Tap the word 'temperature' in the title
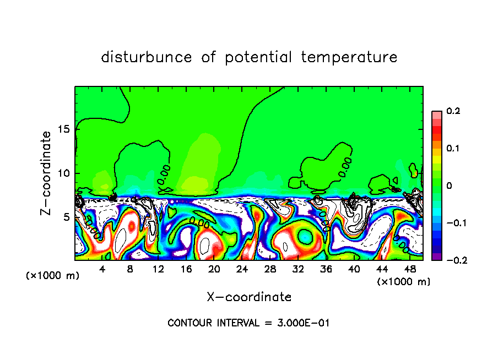pyautogui.click(x=349, y=57)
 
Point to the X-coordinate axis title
pyautogui.click(x=249, y=297)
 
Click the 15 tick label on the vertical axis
pyautogui.click(x=64, y=129)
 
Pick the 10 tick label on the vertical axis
pyautogui.click(x=64, y=173)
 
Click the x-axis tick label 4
pyautogui.click(x=102, y=269)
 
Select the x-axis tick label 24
pyautogui.click(x=242, y=269)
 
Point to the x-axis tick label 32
pyautogui.click(x=298, y=269)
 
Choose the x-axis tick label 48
pyautogui.click(x=410, y=269)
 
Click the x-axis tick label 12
pyautogui.click(x=158, y=269)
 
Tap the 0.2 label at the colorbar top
pyautogui.click(x=453, y=111)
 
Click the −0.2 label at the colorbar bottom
pyautogui.click(x=453, y=260)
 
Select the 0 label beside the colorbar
pyautogui.click(x=449, y=186)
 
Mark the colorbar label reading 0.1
pyautogui.click(x=453, y=149)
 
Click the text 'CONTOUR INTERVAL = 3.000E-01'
pyautogui.click(x=248, y=323)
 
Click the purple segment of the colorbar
pyautogui.click(x=436, y=256)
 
